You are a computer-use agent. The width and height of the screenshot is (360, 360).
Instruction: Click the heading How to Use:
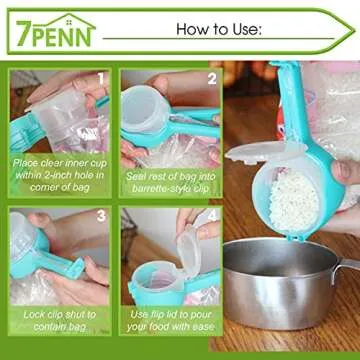tap(219, 29)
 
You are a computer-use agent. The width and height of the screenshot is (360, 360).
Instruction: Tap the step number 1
tap(100, 77)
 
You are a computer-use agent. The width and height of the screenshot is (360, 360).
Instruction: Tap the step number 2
tap(211, 77)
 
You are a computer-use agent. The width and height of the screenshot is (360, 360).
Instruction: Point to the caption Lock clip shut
tap(59, 321)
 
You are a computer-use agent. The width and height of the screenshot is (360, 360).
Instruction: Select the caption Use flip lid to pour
tap(169, 321)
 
